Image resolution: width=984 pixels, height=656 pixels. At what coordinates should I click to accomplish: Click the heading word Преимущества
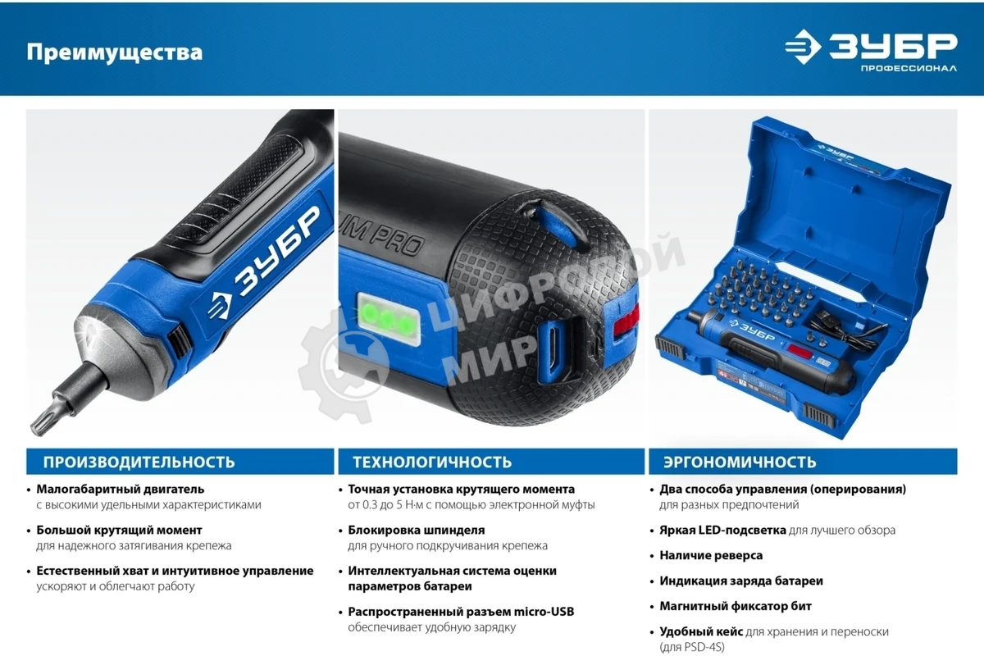pos(114,52)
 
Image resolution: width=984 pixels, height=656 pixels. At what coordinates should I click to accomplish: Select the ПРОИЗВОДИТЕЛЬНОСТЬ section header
pos(139,462)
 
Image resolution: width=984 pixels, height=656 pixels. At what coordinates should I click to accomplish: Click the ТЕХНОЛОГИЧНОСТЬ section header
pos(432,462)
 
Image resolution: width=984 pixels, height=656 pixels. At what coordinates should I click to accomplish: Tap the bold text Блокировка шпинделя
pos(416,530)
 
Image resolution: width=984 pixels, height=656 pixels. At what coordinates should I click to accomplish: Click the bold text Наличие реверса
pos(711,555)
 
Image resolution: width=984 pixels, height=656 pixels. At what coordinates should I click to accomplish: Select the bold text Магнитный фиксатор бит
pos(736,606)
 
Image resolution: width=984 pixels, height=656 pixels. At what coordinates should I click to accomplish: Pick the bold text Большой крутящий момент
pos(119,530)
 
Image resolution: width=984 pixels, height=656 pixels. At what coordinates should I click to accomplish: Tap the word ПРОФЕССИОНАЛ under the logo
pos(908,68)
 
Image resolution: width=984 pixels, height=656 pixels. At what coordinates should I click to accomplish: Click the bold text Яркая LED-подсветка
pos(722,530)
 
